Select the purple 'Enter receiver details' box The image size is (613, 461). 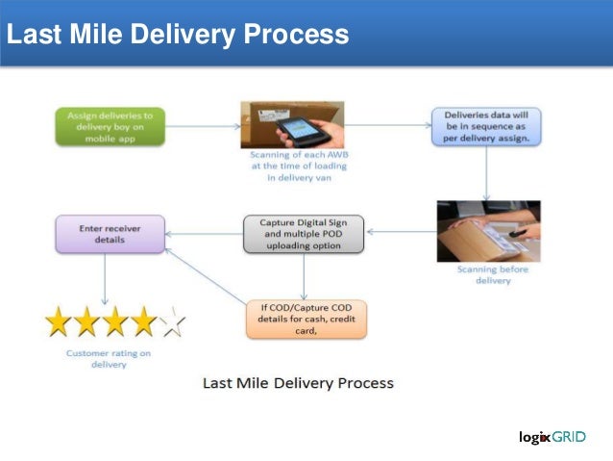(x=110, y=233)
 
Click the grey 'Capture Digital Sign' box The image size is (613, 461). (x=304, y=233)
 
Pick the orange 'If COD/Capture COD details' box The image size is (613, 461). (x=306, y=319)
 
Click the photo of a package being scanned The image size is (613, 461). (x=488, y=231)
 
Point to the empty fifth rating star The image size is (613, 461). (x=173, y=322)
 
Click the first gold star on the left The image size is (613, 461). (x=60, y=322)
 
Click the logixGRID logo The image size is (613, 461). (x=552, y=436)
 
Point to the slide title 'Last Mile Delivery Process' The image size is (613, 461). (x=177, y=36)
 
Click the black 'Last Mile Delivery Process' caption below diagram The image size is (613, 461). (x=298, y=382)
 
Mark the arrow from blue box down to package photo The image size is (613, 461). (x=486, y=173)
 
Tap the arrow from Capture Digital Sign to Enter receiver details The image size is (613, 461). (x=204, y=231)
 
